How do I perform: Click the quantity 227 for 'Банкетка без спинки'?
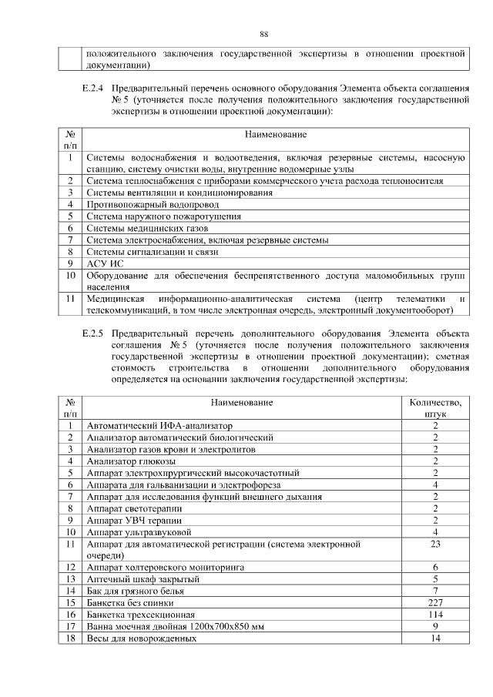click(435, 603)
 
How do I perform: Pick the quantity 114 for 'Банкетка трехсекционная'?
click(435, 615)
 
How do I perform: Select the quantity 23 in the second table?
click(435, 545)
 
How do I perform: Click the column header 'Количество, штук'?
click(435, 407)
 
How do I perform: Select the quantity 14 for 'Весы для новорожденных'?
click(435, 638)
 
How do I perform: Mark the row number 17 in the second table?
click(70, 627)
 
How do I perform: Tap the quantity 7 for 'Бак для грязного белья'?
click(435, 591)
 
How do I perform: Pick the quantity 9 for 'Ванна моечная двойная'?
click(435, 627)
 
